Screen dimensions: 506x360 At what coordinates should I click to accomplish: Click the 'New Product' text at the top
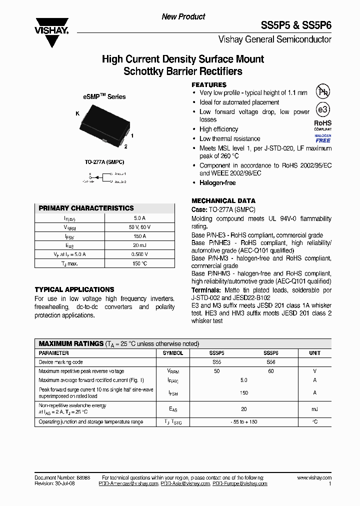[x=183, y=17]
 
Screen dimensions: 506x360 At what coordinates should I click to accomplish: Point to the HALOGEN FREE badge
[x=322, y=138]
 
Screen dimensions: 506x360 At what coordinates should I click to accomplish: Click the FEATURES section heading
[x=209, y=85]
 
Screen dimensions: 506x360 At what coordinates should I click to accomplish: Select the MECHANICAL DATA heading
[x=223, y=200]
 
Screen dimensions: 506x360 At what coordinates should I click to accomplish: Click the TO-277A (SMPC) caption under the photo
[x=104, y=162]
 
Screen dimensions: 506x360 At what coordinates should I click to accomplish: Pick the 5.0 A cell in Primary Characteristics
[x=140, y=218]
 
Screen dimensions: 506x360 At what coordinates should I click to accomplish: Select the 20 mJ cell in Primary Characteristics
[x=140, y=245]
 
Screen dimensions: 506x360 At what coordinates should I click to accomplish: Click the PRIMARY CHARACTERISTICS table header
[x=86, y=208]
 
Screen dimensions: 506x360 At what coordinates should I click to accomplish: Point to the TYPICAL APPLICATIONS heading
[x=74, y=289]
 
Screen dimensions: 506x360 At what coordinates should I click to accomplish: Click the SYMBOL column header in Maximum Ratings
[x=173, y=353]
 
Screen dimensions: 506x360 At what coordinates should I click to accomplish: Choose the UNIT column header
[x=314, y=353]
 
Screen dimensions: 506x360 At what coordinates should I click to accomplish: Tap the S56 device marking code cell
[x=270, y=362]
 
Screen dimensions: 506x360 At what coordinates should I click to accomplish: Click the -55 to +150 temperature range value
[x=244, y=422]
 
